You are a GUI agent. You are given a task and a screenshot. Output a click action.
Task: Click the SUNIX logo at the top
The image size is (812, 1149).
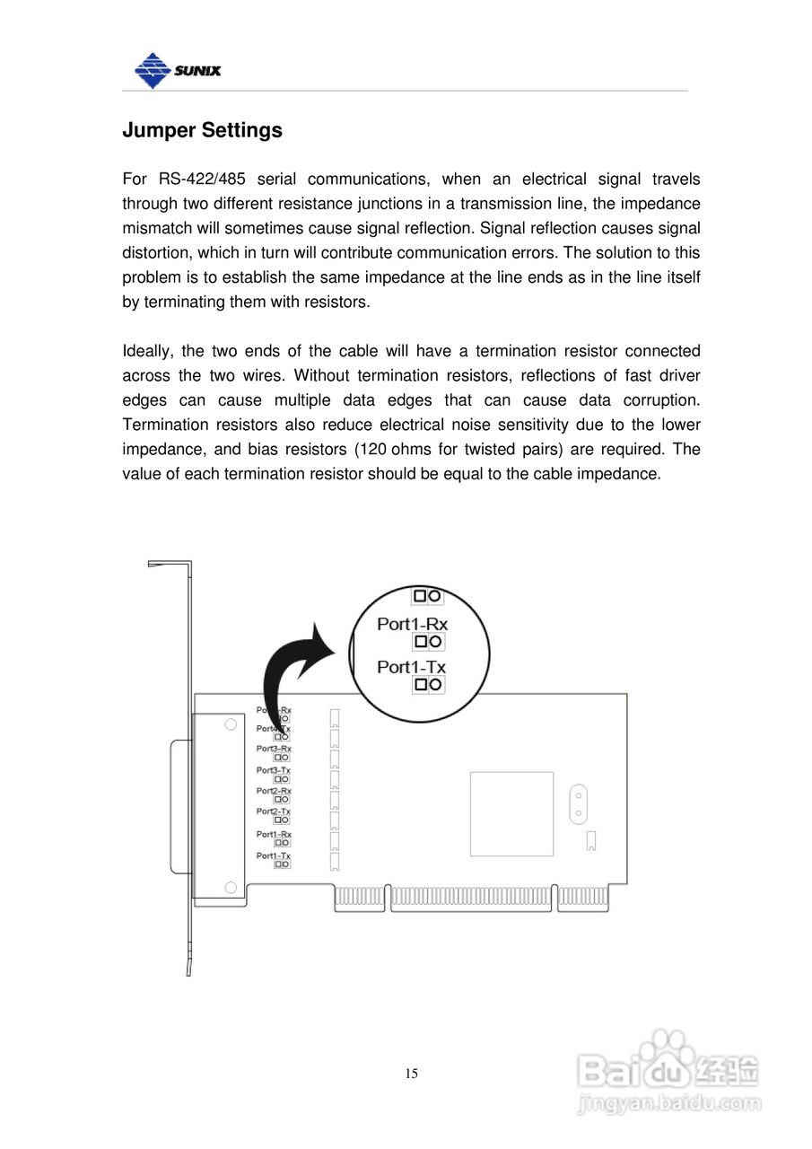pyautogui.click(x=177, y=69)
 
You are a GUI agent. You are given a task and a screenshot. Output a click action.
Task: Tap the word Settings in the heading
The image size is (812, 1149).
pyautogui.click(x=241, y=131)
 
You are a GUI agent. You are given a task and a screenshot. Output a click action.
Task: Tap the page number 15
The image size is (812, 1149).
pyautogui.click(x=411, y=1074)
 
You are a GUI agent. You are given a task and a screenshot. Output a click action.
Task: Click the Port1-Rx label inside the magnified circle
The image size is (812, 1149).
pyautogui.click(x=412, y=624)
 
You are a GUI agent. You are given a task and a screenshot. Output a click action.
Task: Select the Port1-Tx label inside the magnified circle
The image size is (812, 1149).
pyautogui.click(x=411, y=667)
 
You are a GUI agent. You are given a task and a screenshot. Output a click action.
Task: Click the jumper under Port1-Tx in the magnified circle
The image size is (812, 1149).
pyautogui.click(x=427, y=685)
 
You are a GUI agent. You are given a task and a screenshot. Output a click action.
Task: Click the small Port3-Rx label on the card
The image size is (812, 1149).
pyautogui.click(x=274, y=748)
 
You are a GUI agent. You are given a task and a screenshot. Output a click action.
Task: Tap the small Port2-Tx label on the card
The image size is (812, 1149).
pyautogui.click(x=273, y=811)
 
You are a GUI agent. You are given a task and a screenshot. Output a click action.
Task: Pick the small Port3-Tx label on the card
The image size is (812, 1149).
pyautogui.click(x=273, y=770)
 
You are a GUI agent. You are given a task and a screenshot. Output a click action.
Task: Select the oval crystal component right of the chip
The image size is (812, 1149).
pyautogui.click(x=579, y=804)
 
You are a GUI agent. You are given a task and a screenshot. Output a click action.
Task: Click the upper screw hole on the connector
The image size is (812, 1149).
pyautogui.click(x=231, y=724)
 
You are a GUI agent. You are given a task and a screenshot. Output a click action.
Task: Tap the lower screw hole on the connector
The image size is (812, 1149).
pyautogui.click(x=231, y=888)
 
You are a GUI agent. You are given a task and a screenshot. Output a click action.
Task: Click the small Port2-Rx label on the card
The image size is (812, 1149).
pyautogui.click(x=273, y=790)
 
